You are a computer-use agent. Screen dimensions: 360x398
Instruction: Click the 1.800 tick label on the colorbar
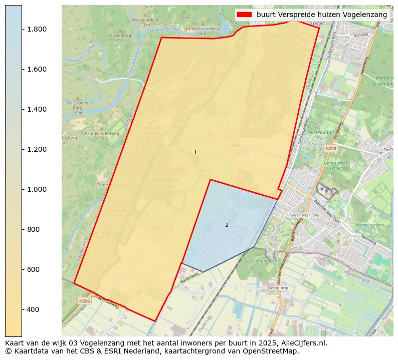tap(37, 29)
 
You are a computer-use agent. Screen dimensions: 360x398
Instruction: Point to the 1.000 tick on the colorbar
tap(37, 189)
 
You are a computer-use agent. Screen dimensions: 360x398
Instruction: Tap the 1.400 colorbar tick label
tap(37, 109)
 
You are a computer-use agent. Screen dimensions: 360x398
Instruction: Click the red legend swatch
tap(245, 15)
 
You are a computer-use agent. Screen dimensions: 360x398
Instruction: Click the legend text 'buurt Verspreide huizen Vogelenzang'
tap(322, 15)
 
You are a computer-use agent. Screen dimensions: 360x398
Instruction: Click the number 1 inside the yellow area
tap(195, 152)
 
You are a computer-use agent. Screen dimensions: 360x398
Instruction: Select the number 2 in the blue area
tap(227, 225)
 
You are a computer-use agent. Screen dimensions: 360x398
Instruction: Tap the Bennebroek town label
tap(301, 215)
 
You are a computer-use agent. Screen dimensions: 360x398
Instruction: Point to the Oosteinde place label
tap(278, 288)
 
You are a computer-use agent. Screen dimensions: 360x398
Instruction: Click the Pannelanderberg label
tap(102, 134)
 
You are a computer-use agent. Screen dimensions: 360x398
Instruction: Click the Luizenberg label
tap(120, 36)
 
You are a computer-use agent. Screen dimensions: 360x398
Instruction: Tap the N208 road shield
tap(330, 149)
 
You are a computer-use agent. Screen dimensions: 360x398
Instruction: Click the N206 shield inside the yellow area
tap(235, 145)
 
